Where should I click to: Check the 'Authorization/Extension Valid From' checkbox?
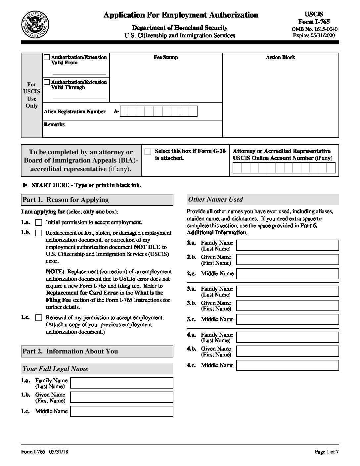(x=47, y=57)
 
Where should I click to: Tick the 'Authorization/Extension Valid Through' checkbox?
(x=47, y=82)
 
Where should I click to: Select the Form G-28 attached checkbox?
(x=148, y=152)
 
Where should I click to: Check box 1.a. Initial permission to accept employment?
(x=39, y=222)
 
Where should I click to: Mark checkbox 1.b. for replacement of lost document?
(x=39, y=233)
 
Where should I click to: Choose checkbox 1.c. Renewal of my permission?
(x=39, y=318)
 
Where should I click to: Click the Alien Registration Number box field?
(x=158, y=112)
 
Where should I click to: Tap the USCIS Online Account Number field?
(x=284, y=168)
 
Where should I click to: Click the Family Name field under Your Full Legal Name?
(x=122, y=383)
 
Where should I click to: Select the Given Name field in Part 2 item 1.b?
(x=122, y=397)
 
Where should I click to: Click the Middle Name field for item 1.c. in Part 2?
(x=122, y=411)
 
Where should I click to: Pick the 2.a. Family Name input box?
(x=288, y=245)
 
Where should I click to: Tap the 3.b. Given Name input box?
(x=288, y=305)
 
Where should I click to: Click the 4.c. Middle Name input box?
(x=288, y=365)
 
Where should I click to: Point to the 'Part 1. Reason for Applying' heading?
(x=66, y=200)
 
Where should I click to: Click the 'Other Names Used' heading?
(x=215, y=200)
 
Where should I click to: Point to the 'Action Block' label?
(x=280, y=57)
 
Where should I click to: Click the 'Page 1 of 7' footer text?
(x=327, y=452)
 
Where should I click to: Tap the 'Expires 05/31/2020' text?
(x=314, y=35)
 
